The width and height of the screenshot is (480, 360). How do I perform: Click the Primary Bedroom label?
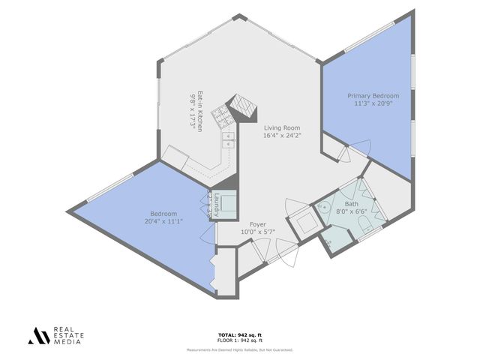[373, 96]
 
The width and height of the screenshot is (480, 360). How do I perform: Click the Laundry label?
[215, 205]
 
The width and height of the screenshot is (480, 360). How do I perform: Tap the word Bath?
[351, 204]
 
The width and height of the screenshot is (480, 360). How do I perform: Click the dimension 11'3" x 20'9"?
[373, 104]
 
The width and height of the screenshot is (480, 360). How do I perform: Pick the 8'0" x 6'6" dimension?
[351, 212]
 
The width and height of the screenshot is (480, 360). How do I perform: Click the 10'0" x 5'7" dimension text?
[258, 232]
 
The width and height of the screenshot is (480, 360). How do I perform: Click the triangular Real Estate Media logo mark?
[37, 336]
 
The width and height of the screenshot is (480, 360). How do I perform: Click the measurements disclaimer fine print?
[240, 349]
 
